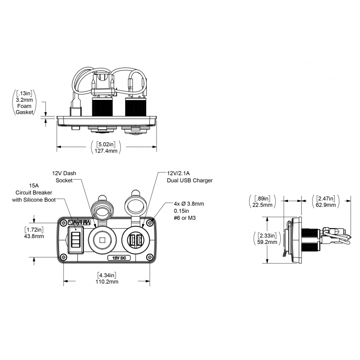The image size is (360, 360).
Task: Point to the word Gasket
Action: tap(24, 112)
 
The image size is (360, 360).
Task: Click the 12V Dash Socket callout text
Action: tap(64, 177)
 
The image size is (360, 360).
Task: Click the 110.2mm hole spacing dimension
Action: tap(107, 282)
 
